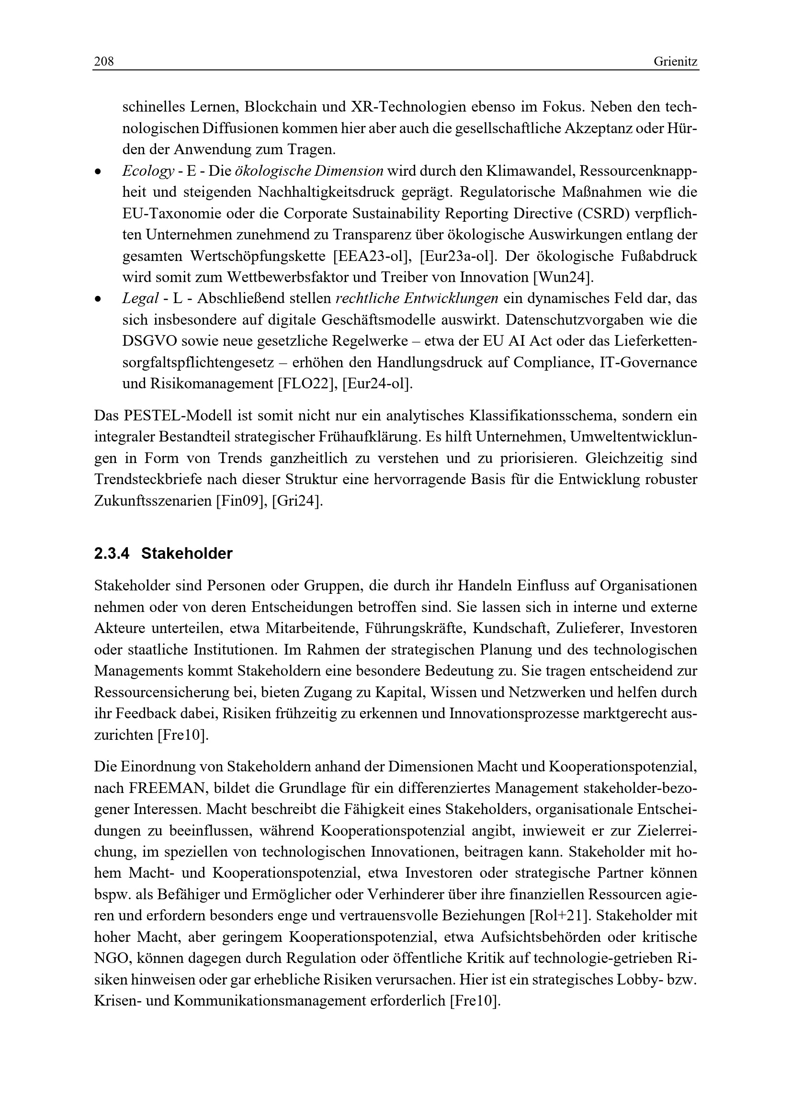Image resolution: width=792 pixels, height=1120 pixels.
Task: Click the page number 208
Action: (104, 61)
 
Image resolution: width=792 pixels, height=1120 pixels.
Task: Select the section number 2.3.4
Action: (112, 554)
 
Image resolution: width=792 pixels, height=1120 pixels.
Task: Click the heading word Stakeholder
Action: (187, 554)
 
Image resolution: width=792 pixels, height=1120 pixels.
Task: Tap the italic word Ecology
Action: (148, 171)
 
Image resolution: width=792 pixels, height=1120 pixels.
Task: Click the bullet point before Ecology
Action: (98, 172)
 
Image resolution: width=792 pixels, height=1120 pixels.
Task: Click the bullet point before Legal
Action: (98, 299)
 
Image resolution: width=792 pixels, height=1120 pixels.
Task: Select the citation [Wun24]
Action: (563, 278)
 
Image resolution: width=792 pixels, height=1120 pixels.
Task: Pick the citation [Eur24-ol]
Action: (377, 384)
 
